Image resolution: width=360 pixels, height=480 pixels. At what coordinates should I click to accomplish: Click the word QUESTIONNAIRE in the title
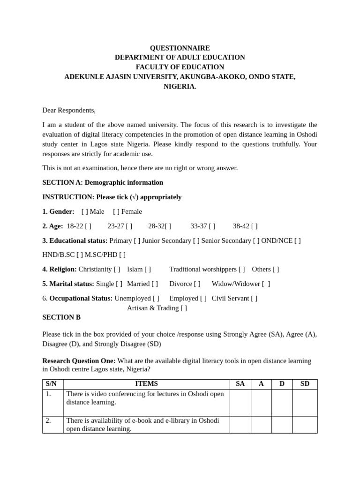click(x=180, y=48)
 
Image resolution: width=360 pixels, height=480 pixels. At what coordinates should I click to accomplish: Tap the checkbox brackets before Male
click(x=84, y=211)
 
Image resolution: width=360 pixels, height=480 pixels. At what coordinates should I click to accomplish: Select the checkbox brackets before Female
click(x=116, y=211)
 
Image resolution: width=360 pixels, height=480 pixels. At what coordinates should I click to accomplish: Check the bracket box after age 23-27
click(x=129, y=226)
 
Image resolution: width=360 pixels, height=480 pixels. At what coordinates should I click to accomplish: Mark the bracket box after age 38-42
click(x=254, y=226)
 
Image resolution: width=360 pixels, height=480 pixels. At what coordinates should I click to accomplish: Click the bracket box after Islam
click(x=148, y=269)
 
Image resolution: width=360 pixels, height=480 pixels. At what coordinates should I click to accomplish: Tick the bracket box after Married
click(x=155, y=284)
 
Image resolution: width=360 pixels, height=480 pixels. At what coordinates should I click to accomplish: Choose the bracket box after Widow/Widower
click(x=266, y=284)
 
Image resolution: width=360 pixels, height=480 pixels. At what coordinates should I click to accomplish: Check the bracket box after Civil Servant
click(x=254, y=298)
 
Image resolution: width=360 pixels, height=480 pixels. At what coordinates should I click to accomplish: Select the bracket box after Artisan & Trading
click(x=184, y=308)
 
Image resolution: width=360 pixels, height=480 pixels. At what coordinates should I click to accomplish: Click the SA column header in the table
click(x=240, y=384)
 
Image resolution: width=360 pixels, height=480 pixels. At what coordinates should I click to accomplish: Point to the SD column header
click(x=305, y=384)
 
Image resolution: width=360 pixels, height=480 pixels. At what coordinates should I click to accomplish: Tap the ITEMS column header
click(x=146, y=384)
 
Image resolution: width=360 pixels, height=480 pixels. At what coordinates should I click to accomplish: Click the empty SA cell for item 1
click(x=240, y=402)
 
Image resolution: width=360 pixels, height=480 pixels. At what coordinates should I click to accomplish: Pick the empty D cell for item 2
click(x=282, y=424)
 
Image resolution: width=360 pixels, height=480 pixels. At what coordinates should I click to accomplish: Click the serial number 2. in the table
click(x=49, y=420)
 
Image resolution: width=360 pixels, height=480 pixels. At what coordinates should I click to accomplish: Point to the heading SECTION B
click(x=61, y=317)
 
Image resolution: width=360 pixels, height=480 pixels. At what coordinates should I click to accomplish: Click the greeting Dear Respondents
click(x=69, y=110)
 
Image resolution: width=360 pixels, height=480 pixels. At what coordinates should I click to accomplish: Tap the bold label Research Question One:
click(x=79, y=361)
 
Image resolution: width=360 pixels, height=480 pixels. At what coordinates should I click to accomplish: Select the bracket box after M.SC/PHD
click(x=122, y=255)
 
